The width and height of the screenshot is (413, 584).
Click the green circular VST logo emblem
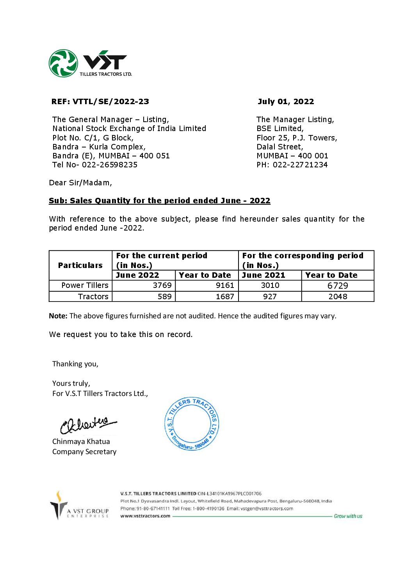coord(63,63)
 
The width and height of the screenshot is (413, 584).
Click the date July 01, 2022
coord(285,102)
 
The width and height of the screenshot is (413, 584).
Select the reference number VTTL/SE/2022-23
coord(110,102)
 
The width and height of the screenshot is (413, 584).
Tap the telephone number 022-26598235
coord(109,165)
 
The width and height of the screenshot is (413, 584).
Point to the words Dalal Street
coord(279,147)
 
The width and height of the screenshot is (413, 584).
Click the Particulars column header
coord(80,265)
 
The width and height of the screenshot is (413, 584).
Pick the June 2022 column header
coord(138,275)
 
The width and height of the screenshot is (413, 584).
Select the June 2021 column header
coord(264,275)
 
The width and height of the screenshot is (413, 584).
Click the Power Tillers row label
coord(85,286)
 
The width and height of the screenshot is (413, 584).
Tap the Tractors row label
coord(93,296)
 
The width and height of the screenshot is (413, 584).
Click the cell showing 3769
coord(162,286)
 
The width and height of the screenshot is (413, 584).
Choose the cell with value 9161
coord(225,286)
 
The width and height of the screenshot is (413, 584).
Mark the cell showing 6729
coord(338,286)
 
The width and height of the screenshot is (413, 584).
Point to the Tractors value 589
coord(164,296)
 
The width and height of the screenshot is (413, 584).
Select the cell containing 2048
coord(338,296)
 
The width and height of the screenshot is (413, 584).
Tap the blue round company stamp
coord(192,424)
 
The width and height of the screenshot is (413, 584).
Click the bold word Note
coord(58,316)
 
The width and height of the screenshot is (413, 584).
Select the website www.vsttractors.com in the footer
coord(145,516)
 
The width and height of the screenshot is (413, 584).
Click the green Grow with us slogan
coord(348,516)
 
